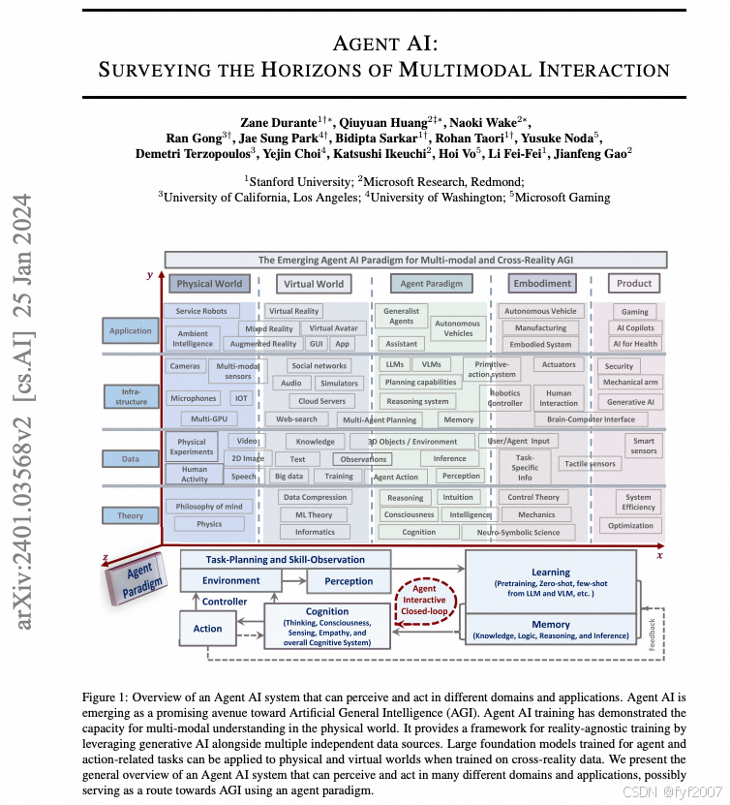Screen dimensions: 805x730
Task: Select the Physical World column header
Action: click(x=208, y=284)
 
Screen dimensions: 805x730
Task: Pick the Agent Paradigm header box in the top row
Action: click(x=432, y=284)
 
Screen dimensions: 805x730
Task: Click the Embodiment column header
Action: click(x=541, y=284)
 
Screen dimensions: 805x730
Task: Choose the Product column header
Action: click(x=634, y=284)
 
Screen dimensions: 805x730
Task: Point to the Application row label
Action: click(x=131, y=330)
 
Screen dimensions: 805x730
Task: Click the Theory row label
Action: click(x=131, y=515)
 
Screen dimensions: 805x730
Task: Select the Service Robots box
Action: click(x=201, y=311)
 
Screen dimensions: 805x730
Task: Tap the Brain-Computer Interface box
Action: click(x=591, y=419)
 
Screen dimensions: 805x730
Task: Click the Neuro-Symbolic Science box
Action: click(x=519, y=532)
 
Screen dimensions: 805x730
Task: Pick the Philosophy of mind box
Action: click(x=209, y=507)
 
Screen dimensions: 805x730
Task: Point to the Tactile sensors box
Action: click(x=590, y=464)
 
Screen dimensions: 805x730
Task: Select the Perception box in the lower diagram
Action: click(x=350, y=581)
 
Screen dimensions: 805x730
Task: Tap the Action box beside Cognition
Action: click(x=207, y=629)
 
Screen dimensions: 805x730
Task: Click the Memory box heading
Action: click(x=550, y=624)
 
